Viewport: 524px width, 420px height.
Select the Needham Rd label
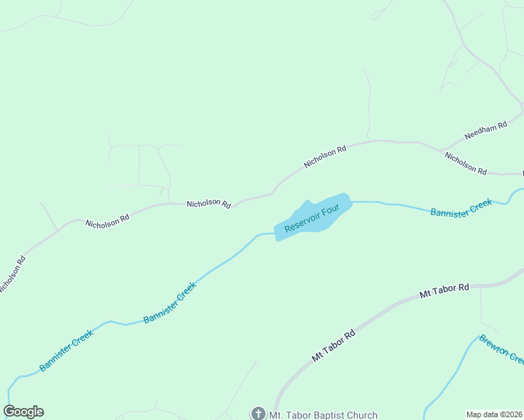click(485, 130)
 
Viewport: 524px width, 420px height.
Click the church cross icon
click(258, 414)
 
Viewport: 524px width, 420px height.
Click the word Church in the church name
click(361, 415)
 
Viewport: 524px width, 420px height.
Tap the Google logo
click(23, 412)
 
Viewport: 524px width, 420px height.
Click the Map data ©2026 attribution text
click(494, 414)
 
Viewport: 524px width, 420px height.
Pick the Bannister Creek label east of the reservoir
click(461, 208)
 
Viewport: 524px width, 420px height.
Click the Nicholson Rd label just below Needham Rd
click(466, 163)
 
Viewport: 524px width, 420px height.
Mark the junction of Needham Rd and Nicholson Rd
click(442, 150)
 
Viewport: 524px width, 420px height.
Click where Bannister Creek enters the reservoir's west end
click(275, 234)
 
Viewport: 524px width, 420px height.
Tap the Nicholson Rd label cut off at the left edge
click(11, 274)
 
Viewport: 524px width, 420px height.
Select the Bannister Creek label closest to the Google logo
click(67, 350)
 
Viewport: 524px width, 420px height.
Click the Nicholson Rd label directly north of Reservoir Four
click(325, 156)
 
